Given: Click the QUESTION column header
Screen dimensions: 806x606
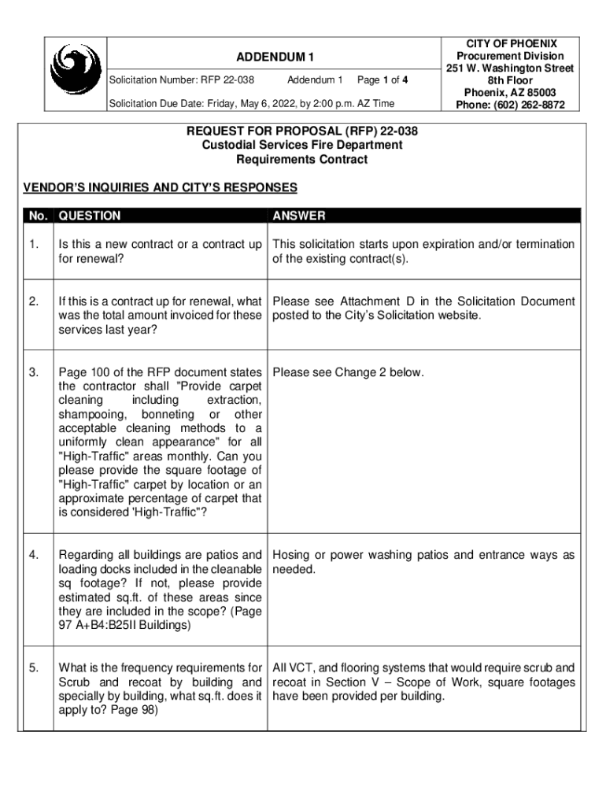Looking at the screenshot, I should point(90,216).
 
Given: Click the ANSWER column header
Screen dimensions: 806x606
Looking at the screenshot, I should point(298,216).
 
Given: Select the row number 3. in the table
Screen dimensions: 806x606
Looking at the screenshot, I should point(34,372).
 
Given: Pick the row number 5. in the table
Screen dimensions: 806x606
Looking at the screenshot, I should point(34,668).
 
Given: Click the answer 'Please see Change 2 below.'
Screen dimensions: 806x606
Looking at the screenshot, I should point(349,372).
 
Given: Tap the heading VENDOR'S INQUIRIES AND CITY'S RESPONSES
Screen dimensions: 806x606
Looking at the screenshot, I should point(161,187).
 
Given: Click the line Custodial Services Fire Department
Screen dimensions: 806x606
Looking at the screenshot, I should point(302,145).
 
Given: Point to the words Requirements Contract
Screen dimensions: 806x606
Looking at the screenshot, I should point(302,159).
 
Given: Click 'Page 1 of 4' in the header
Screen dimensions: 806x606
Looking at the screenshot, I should point(382,80).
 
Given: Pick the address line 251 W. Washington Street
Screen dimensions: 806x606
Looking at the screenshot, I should point(510,68).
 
